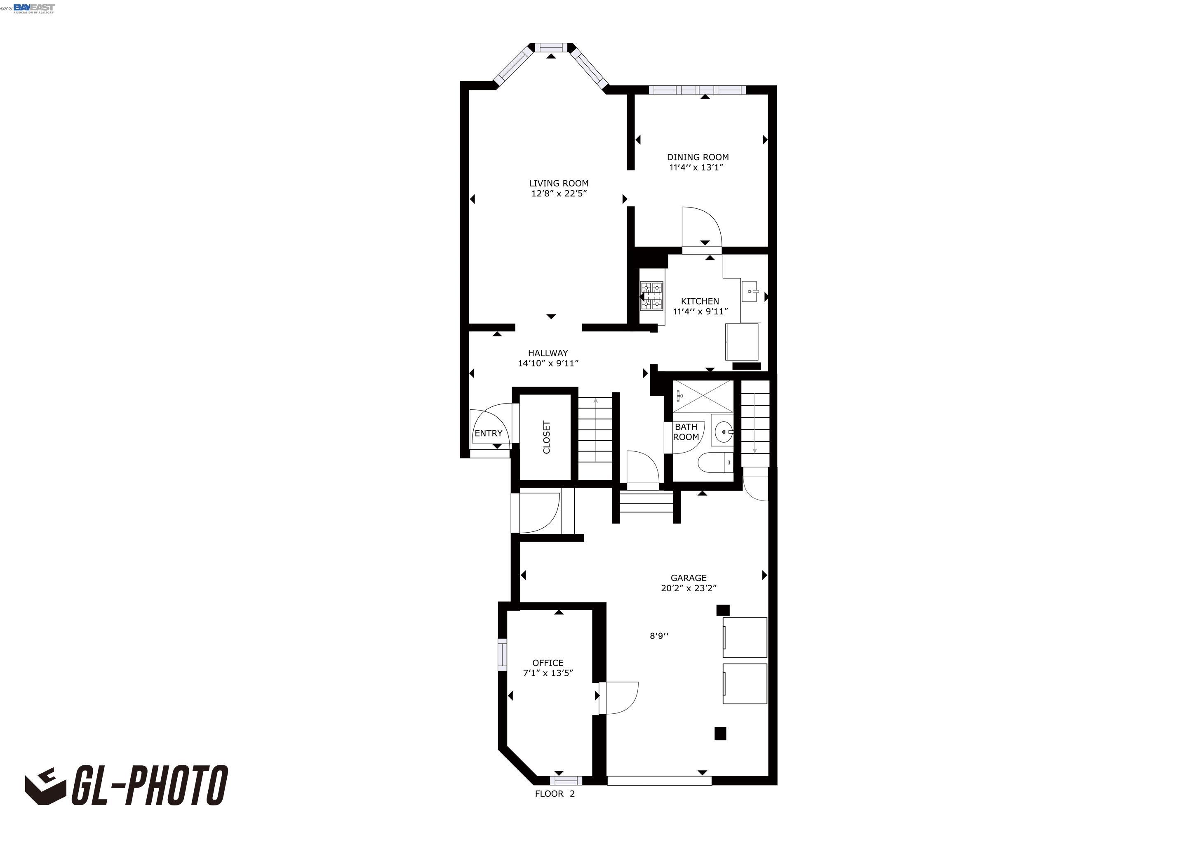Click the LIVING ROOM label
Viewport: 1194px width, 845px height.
pyautogui.click(x=559, y=183)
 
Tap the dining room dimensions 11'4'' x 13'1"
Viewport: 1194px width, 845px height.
pyautogui.click(x=696, y=168)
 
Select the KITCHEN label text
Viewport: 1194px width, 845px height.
pyautogui.click(x=700, y=301)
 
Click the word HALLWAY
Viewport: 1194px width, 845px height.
pyautogui.click(x=548, y=353)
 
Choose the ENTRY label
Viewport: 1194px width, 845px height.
pyautogui.click(x=488, y=433)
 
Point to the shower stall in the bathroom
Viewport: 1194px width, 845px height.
pyautogui.click(x=703, y=397)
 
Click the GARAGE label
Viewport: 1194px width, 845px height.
pyautogui.click(x=688, y=578)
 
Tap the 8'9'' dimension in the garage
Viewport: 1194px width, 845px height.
pyautogui.click(x=659, y=635)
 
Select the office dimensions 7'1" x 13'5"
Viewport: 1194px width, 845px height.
pyautogui.click(x=548, y=673)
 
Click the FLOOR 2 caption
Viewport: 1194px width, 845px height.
pyautogui.click(x=555, y=793)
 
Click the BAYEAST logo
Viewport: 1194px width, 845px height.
pyautogui.click(x=33, y=8)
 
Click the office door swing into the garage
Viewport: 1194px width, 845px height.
pyautogui.click(x=619, y=698)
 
